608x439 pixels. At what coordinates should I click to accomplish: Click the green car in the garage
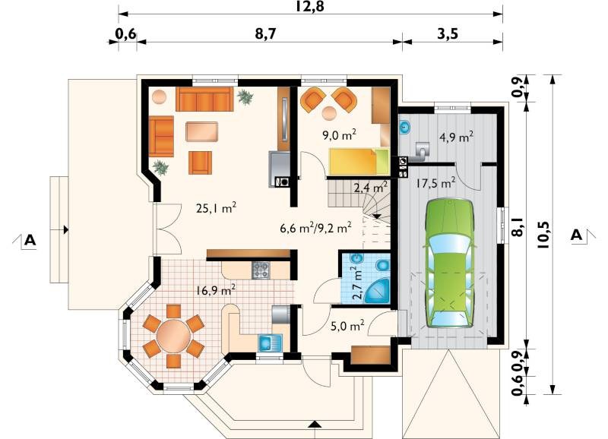coord(450,264)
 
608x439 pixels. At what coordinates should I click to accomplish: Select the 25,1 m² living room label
coord(216,208)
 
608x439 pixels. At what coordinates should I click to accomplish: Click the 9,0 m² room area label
coord(339,135)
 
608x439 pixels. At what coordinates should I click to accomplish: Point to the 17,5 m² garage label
coord(435,183)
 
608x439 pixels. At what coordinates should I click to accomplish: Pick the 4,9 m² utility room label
coord(455,137)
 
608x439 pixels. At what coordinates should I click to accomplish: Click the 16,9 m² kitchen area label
coord(216,290)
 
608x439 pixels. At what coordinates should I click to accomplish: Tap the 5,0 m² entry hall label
coord(347,326)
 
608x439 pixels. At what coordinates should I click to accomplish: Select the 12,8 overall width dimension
coord(310,6)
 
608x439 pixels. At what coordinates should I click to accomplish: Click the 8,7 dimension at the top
coord(265,34)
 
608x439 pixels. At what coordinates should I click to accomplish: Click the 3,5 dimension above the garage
coord(448,34)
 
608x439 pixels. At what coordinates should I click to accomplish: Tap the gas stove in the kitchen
coord(261,270)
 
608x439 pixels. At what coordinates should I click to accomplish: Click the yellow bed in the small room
coord(359,161)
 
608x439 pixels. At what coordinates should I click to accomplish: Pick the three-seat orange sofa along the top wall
coord(204,99)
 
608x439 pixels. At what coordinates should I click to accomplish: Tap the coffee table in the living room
coord(201,131)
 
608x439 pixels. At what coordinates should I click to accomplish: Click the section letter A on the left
coord(30,240)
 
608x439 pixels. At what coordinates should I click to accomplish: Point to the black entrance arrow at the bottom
coord(315,424)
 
